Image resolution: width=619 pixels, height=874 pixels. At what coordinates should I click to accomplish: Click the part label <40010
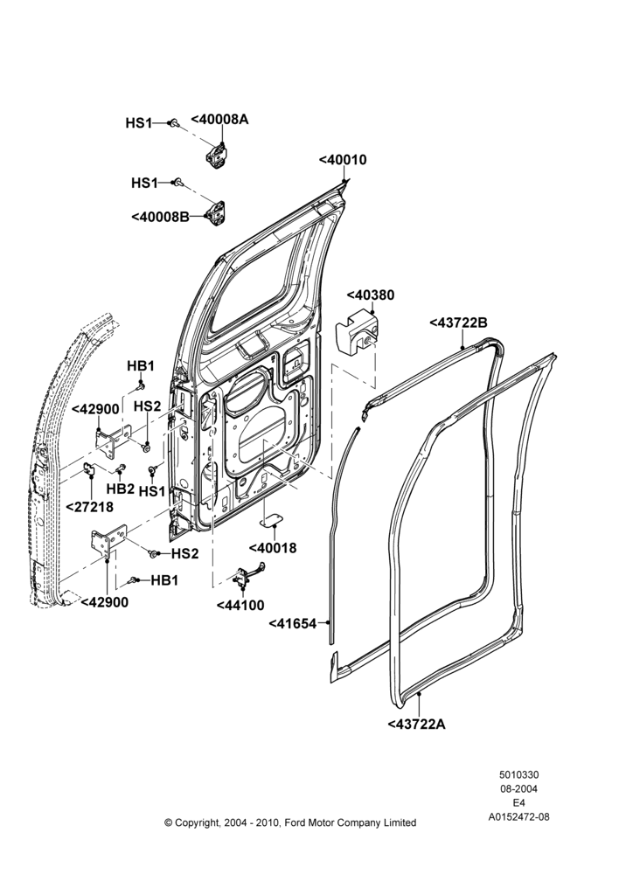343,160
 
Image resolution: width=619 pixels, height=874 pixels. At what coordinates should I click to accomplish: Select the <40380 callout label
371,295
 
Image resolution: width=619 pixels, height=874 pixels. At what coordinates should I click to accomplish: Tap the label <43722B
458,323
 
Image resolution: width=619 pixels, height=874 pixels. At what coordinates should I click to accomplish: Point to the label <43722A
416,724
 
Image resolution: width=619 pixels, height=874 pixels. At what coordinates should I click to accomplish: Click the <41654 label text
293,623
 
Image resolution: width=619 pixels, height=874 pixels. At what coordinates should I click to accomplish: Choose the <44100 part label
240,605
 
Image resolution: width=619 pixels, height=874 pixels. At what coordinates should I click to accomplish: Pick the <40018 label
273,548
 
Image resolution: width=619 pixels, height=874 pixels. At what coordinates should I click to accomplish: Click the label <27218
90,507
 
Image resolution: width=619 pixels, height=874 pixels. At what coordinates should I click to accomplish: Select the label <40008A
219,119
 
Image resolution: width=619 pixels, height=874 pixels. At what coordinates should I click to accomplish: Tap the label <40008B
161,216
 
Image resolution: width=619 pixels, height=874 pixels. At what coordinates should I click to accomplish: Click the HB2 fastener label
121,489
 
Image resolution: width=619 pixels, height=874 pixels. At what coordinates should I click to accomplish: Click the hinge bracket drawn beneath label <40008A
216,153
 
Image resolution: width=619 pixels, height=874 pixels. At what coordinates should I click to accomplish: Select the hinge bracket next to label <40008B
218,212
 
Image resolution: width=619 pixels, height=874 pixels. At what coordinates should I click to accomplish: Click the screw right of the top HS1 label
175,122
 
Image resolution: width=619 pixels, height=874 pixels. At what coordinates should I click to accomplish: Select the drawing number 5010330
518,774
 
